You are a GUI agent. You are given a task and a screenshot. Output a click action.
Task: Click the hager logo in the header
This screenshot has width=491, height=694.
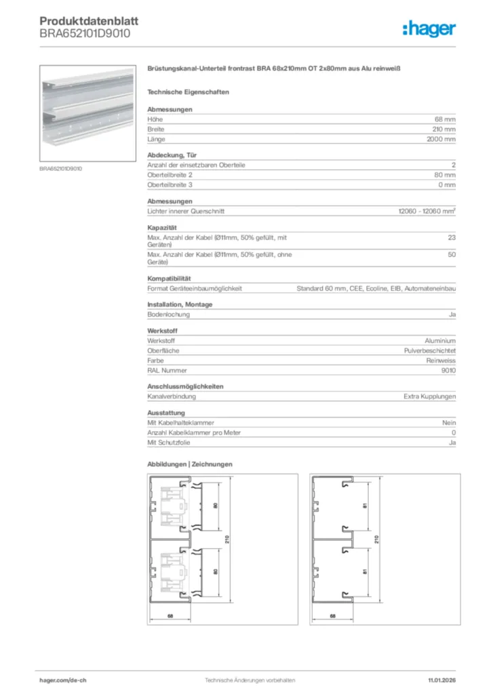point(429,28)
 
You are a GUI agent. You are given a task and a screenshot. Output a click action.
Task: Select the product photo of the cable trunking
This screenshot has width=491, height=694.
point(85,114)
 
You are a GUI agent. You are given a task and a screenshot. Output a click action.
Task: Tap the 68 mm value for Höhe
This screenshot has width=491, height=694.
point(445,119)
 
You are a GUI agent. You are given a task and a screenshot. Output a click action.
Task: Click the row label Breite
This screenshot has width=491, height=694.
point(156,129)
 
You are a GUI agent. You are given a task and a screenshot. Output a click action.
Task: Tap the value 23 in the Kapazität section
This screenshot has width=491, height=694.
point(452,237)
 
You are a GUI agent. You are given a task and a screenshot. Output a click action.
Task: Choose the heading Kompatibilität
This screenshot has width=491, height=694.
point(169,279)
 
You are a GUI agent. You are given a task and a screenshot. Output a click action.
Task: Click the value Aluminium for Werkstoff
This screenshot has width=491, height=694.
point(439,340)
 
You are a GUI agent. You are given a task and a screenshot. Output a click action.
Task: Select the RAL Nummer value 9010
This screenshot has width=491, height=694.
point(448,371)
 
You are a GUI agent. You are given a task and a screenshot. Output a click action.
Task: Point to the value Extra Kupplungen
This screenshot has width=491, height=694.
point(430,396)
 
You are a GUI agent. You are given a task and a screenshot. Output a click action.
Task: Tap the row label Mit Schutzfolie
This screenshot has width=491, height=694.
point(169,443)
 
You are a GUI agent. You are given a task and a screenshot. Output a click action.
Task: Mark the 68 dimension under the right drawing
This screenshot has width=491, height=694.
point(332,616)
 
